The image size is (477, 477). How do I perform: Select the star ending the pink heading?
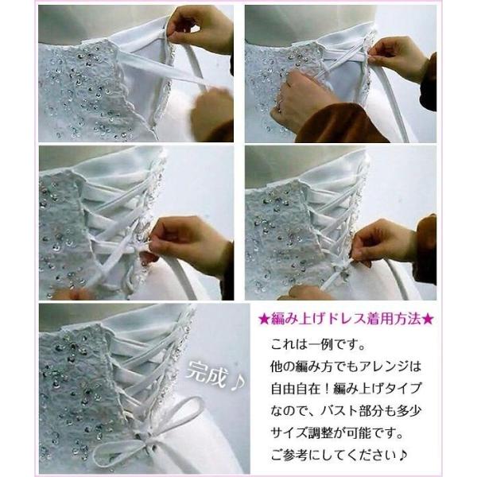(429, 320)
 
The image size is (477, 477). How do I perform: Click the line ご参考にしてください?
(338, 456)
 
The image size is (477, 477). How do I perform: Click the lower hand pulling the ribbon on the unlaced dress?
(210, 111)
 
